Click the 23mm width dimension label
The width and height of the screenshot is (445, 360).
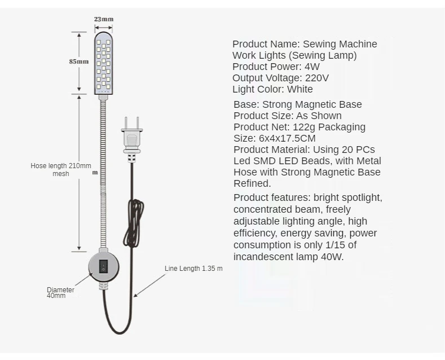(103, 19)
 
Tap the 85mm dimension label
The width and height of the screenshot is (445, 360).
(79, 62)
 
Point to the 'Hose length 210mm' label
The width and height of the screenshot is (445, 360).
(60, 166)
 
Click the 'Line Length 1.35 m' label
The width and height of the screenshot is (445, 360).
(193, 269)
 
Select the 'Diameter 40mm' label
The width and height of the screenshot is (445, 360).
(60, 292)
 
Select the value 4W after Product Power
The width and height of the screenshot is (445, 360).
(312, 66)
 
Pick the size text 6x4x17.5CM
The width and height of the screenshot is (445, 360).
(287, 138)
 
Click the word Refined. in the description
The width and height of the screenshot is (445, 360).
(252, 183)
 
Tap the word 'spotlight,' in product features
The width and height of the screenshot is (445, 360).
(360, 197)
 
